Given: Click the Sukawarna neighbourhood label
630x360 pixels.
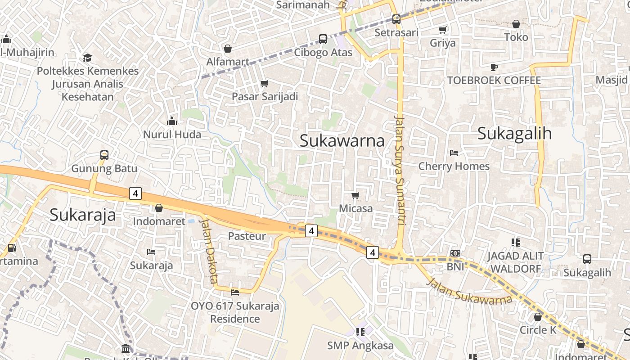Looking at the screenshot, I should [342, 140].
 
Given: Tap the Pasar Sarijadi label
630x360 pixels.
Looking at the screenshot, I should [265, 96].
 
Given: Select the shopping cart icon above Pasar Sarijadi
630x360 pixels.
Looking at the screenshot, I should [265, 83].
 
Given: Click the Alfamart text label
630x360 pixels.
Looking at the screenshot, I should [228, 62].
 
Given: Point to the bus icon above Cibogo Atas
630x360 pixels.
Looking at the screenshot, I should [323, 39].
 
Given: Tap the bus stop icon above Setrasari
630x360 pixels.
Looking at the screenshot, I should [396, 19].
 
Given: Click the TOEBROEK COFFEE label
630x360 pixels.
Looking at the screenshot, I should [494, 81].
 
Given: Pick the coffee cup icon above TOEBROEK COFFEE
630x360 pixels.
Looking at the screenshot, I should [494, 67].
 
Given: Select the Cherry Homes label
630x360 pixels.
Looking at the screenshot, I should [454, 166].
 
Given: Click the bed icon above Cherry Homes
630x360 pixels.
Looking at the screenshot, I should [454, 153].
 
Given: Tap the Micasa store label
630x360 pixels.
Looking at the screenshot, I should [355, 208].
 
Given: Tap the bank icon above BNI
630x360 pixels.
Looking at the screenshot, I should [455, 253].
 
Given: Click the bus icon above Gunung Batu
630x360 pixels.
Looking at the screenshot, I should [104, 155].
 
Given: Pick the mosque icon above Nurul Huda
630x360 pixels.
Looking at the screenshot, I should [172, 121].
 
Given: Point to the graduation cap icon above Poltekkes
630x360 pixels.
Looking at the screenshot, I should [87, 58].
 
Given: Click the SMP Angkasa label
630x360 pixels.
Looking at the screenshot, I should [360, 346].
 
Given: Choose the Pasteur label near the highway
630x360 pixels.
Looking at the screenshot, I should [247, 236].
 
